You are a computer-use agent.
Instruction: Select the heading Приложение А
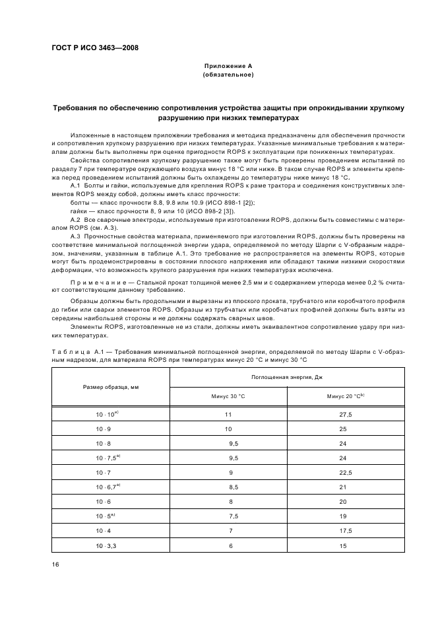(x=228, y=66)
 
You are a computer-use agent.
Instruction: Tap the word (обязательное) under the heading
(x=228, y=75)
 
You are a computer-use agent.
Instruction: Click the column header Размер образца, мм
(x=110, y=386)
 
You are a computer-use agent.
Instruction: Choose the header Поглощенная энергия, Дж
(x=287, y=376)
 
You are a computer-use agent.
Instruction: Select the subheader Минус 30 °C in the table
(x=228, y=396)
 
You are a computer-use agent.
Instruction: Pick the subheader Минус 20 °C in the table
(x=345, y=396)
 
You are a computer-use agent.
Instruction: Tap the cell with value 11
(x=228, y=414)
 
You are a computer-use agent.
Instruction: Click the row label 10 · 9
(x=105, y=429)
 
